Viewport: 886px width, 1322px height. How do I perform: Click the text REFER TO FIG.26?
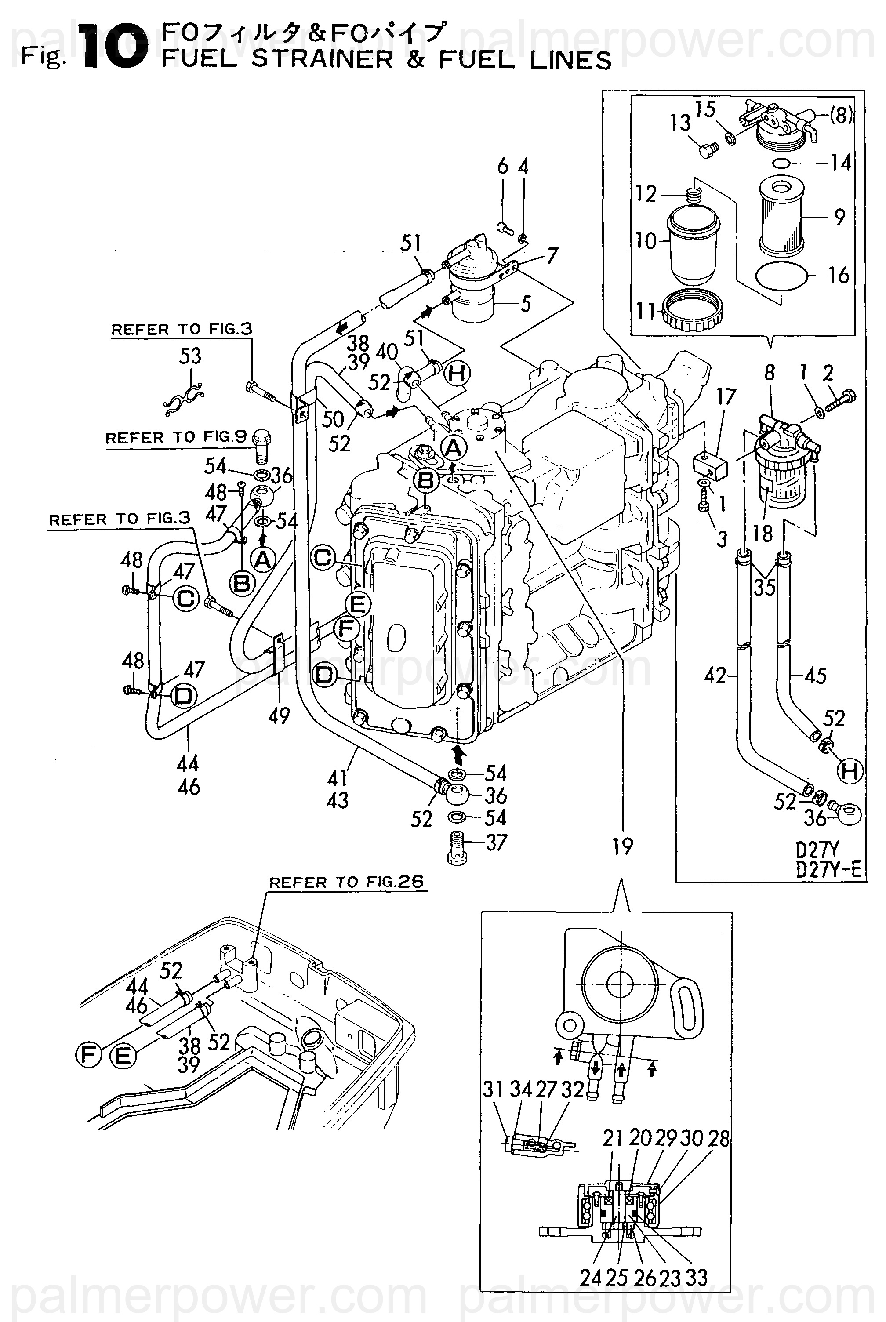[346, 882]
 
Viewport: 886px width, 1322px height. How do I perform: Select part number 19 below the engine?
[622, 846]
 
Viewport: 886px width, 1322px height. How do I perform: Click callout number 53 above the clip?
[190, 356]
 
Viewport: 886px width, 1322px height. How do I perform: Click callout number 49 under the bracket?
[279, 716]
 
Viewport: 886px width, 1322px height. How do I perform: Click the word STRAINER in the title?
[321, 59]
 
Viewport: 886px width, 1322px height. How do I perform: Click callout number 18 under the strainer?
[763, 533]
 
